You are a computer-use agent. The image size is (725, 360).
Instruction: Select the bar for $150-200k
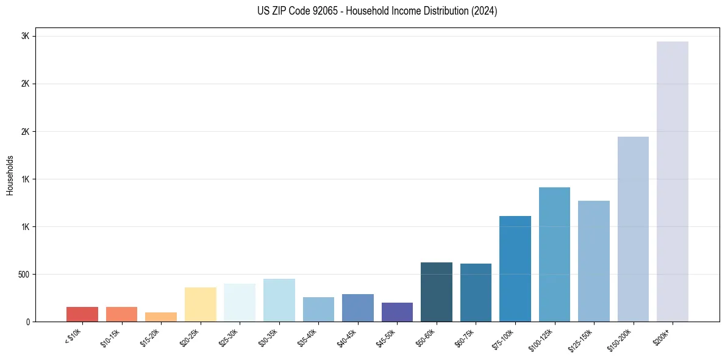[x=633, y=229]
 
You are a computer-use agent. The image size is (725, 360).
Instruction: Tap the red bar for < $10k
[x=82, y=314]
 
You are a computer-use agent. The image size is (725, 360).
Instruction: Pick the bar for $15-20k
[x=161, y=317]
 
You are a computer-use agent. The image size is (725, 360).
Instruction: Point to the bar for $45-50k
[x=397, y=312]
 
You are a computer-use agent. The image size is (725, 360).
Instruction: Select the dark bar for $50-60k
[x=437, y=292]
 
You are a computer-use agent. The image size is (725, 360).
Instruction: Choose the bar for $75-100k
[x=515, y=268]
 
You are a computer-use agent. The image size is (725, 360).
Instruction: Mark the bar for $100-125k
[x=554, y=254]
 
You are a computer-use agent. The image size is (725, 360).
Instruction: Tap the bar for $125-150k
[x=594, y=261]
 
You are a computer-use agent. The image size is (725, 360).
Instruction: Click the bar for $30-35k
[x=279, y=300]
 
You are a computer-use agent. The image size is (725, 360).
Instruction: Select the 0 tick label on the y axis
[x=27, y=322]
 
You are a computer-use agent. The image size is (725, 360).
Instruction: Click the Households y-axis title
[x=10, y=175]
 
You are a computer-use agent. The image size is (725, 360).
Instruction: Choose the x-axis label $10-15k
[x=111, y=338]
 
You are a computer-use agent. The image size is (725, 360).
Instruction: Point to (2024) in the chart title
[x=484, y=11]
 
